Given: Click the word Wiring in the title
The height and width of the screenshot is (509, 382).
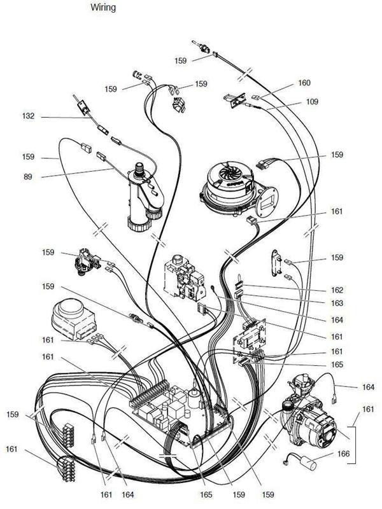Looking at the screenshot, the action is coord(103,7).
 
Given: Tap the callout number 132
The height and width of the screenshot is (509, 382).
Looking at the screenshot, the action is coord(28,116).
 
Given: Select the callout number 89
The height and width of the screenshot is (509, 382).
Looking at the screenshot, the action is coord(28,177).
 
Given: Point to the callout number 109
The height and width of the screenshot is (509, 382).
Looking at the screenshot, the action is coord(312,102).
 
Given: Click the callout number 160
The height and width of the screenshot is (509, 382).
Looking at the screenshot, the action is coord(304,83).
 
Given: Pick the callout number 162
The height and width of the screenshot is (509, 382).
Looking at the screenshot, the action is coord(337,290).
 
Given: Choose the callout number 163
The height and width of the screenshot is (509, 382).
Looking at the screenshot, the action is coord(337,303).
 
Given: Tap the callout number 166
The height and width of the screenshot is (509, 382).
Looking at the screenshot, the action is coord(343,454).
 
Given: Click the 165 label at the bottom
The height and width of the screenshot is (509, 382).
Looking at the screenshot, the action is coord(206,494).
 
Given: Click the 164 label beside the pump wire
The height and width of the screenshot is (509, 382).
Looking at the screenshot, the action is coord(368,387).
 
